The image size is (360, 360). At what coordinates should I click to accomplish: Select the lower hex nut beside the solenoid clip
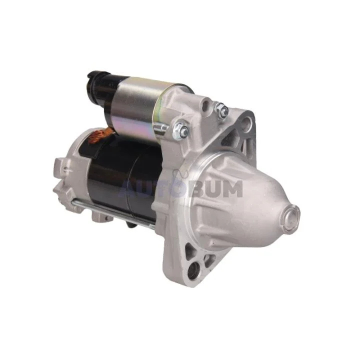pos(181,129)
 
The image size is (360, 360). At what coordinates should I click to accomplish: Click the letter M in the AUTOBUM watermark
pos(231,188)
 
